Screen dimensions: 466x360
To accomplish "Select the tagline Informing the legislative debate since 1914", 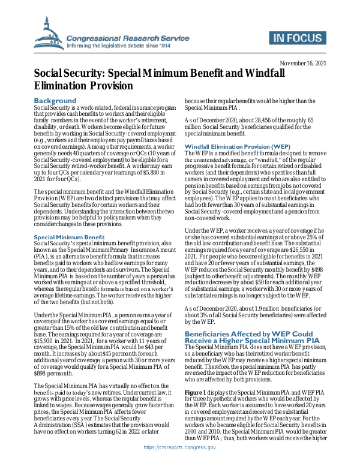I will pyautogui.click(x=119, y=46).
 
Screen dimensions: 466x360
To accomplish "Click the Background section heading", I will pyautogui.click(x=55, y=100).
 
